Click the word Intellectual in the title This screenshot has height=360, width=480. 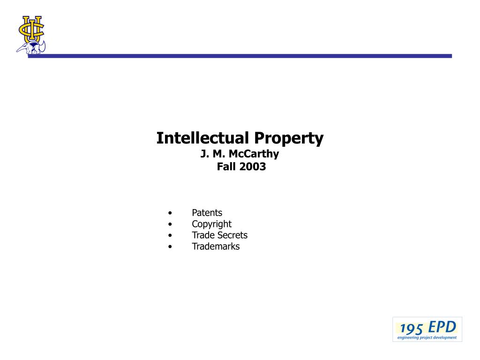pos(202,138)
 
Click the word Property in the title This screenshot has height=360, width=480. pos(289,139)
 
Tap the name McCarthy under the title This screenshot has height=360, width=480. pos(254,154)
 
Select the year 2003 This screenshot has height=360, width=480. pos(253,166)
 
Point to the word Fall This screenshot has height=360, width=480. pos(226,166)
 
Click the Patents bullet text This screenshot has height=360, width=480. pos(207,213)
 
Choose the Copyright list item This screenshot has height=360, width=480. pos(211,225)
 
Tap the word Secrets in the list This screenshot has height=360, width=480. pos(233,235)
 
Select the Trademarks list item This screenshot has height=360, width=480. pos(216,247)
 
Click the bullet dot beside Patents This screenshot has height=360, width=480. pos(170,213)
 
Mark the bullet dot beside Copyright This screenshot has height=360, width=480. pos(170,225)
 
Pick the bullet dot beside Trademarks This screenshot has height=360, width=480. pos(170,247)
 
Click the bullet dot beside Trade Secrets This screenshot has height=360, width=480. pos(170,235)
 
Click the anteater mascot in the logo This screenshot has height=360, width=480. pos(31,48)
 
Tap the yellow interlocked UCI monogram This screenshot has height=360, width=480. pos(31,29)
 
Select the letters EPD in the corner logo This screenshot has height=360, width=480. pos(442,327)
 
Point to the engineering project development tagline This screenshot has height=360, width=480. pos(427,337)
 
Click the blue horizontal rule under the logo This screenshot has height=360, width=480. pos(240,56)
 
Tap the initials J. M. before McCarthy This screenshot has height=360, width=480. pos(213,154)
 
